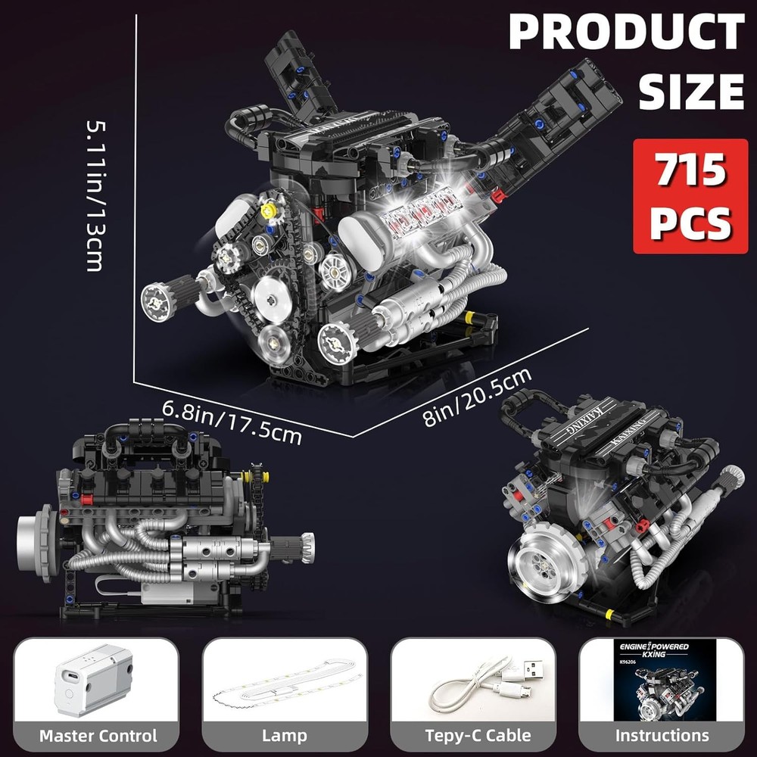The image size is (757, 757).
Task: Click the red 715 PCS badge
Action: [x=690, y=196]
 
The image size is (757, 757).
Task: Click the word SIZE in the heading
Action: [x=690, y=91]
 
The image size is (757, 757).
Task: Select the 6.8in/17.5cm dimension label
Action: [x=232, y=422]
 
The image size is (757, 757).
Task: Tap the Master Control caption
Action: [x=98, y=735]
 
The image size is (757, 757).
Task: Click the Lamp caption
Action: [x=285, y=735]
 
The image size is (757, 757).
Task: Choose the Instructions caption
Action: [x=661, y=735]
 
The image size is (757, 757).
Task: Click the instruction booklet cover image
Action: [x=661, y=680]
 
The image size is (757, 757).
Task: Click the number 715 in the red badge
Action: [x=690, y=173]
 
